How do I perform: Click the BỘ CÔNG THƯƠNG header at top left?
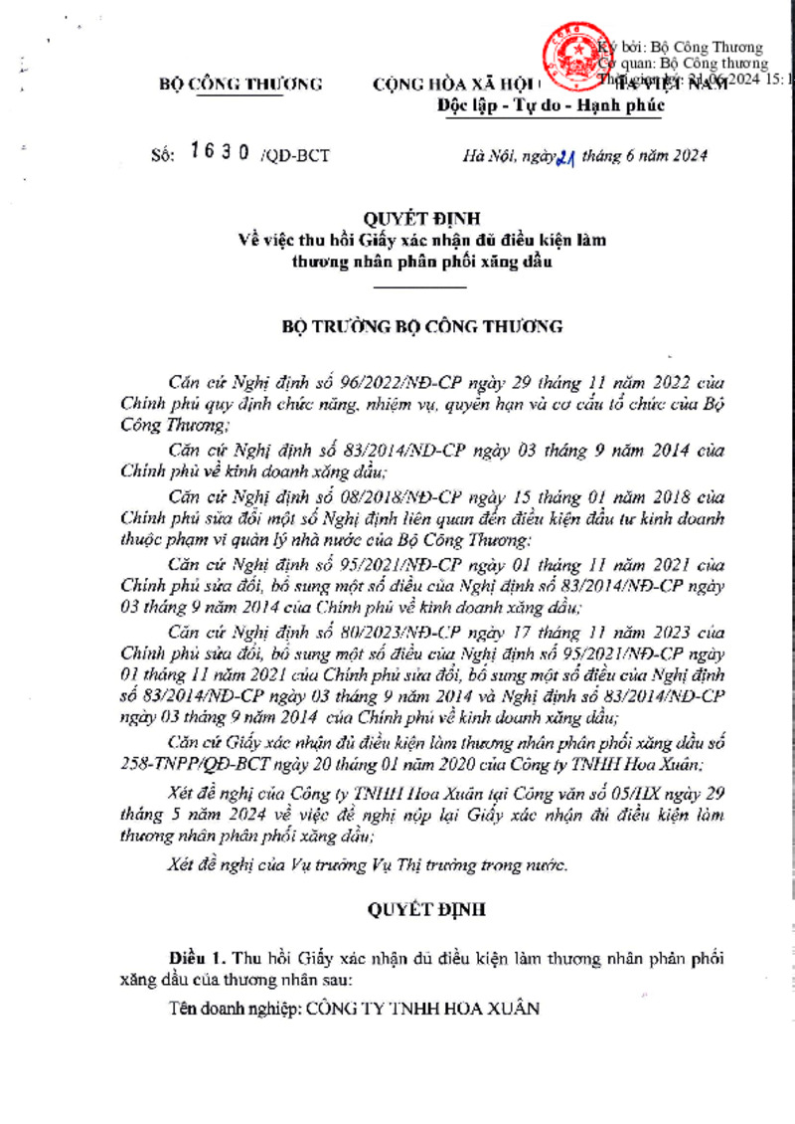pyautogui.click(x=240, y=85)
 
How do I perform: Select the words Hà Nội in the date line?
pyautogui.click(x=484, y=155)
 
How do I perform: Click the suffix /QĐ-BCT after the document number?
pyautogui.click(x=295, y=155)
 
